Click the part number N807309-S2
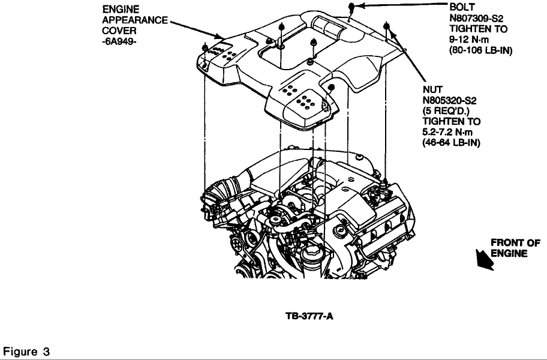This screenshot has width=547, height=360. click(476, 18)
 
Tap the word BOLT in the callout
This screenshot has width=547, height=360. click(462, 7)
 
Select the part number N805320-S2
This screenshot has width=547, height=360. click(449, 100)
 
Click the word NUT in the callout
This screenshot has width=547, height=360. click(432, 89)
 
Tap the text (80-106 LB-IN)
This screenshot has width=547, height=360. click(480, 50)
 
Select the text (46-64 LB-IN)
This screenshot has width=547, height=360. click(451, 143)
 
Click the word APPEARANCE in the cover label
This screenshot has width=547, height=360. click(135, 20)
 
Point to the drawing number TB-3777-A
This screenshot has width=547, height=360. click(309, 316)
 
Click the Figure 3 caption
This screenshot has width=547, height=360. click(26, 351)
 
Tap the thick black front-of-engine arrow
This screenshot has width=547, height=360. click(485, 260)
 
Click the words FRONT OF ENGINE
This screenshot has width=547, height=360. click(515, 248)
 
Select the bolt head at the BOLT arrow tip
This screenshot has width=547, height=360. click(351, 6)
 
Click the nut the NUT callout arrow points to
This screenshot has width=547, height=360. click(386, 26)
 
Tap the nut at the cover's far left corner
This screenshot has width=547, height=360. click(205, 47)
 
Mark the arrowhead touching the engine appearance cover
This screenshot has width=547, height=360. click(220, 36)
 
